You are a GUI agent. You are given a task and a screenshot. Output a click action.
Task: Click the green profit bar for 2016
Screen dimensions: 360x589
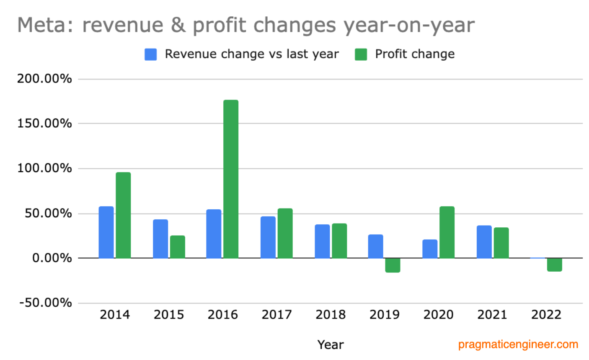coord(231,179)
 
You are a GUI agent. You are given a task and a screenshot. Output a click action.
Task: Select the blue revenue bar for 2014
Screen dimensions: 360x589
coord(106,232)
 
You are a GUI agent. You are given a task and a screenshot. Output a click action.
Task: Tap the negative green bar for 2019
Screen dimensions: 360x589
coord(393,265)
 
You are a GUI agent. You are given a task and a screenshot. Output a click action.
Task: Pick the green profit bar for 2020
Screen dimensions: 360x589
coord(447,232)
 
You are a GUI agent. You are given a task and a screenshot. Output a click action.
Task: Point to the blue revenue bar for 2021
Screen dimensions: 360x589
coord(484,242)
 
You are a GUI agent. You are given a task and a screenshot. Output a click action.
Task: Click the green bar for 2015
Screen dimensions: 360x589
coord(177,247)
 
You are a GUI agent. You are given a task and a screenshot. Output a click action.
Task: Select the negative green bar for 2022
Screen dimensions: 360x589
coord(554,265)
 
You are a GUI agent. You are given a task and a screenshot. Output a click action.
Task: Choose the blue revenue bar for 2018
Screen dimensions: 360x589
coord(322,242)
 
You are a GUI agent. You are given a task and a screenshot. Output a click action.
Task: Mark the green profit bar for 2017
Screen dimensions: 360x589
coord(285,233)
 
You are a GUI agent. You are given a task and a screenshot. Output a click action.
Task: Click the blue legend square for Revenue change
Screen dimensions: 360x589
coord(151,54)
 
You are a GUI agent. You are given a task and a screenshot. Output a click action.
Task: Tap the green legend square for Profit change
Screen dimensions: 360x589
coord(361,54)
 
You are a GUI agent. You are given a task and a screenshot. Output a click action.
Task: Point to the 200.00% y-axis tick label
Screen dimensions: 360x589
coord(44,79)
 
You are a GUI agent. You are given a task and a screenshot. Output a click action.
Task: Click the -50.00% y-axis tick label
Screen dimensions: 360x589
coord(46,303)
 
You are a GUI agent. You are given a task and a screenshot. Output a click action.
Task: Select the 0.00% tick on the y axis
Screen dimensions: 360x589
coord(52,258)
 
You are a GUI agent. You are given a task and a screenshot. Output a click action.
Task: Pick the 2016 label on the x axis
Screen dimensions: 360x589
coord(222,315)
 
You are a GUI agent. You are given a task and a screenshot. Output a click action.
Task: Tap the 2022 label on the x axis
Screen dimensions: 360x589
coord(546,315)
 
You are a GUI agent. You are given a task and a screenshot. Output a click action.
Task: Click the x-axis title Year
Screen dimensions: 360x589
coord(330,345)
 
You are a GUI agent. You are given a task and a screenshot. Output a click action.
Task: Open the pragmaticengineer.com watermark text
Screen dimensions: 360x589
coord(518,345)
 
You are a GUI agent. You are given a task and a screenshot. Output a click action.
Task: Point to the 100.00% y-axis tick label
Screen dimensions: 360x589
coord(44,168)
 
